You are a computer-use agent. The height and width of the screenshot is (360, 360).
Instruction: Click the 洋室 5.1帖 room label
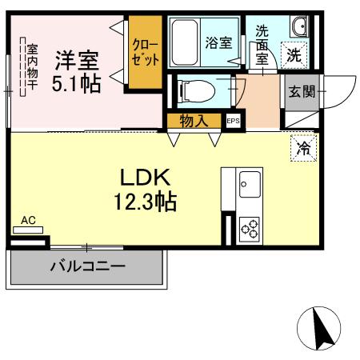(77, 71)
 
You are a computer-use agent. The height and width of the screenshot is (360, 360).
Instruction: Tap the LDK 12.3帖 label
(146, 190)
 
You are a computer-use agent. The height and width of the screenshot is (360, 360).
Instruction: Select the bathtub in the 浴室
(185, 42)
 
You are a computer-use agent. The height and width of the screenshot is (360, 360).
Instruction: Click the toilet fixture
(197, 91)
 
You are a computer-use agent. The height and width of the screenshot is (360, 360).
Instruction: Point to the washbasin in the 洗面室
(300, 26)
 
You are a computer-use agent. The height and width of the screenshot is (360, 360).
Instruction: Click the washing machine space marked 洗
(294, 55)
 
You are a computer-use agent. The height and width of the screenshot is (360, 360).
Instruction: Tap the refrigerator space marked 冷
(304, 148)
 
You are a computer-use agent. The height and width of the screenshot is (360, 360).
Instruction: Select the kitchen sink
(250, 184)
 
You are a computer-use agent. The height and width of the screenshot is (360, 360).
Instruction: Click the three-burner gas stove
(250, 229)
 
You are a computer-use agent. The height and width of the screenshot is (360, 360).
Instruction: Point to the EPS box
(233, 121)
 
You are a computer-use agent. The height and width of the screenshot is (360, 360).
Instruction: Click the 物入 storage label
(194, 121)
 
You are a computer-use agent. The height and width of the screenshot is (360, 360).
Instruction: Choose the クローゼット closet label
(146, 52)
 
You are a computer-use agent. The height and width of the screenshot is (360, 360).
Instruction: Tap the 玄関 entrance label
(302, 92)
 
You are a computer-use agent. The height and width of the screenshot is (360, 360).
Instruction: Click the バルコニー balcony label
(88, 266)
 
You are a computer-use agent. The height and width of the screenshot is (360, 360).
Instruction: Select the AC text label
(28, 221)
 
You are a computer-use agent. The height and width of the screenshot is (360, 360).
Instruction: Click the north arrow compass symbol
(319, 328)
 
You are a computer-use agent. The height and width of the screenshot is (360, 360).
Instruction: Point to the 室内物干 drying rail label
(32, 67)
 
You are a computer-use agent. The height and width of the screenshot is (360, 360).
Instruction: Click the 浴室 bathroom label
(218, 42)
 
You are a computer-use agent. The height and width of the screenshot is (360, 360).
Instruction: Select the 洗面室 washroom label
(262, 45)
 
